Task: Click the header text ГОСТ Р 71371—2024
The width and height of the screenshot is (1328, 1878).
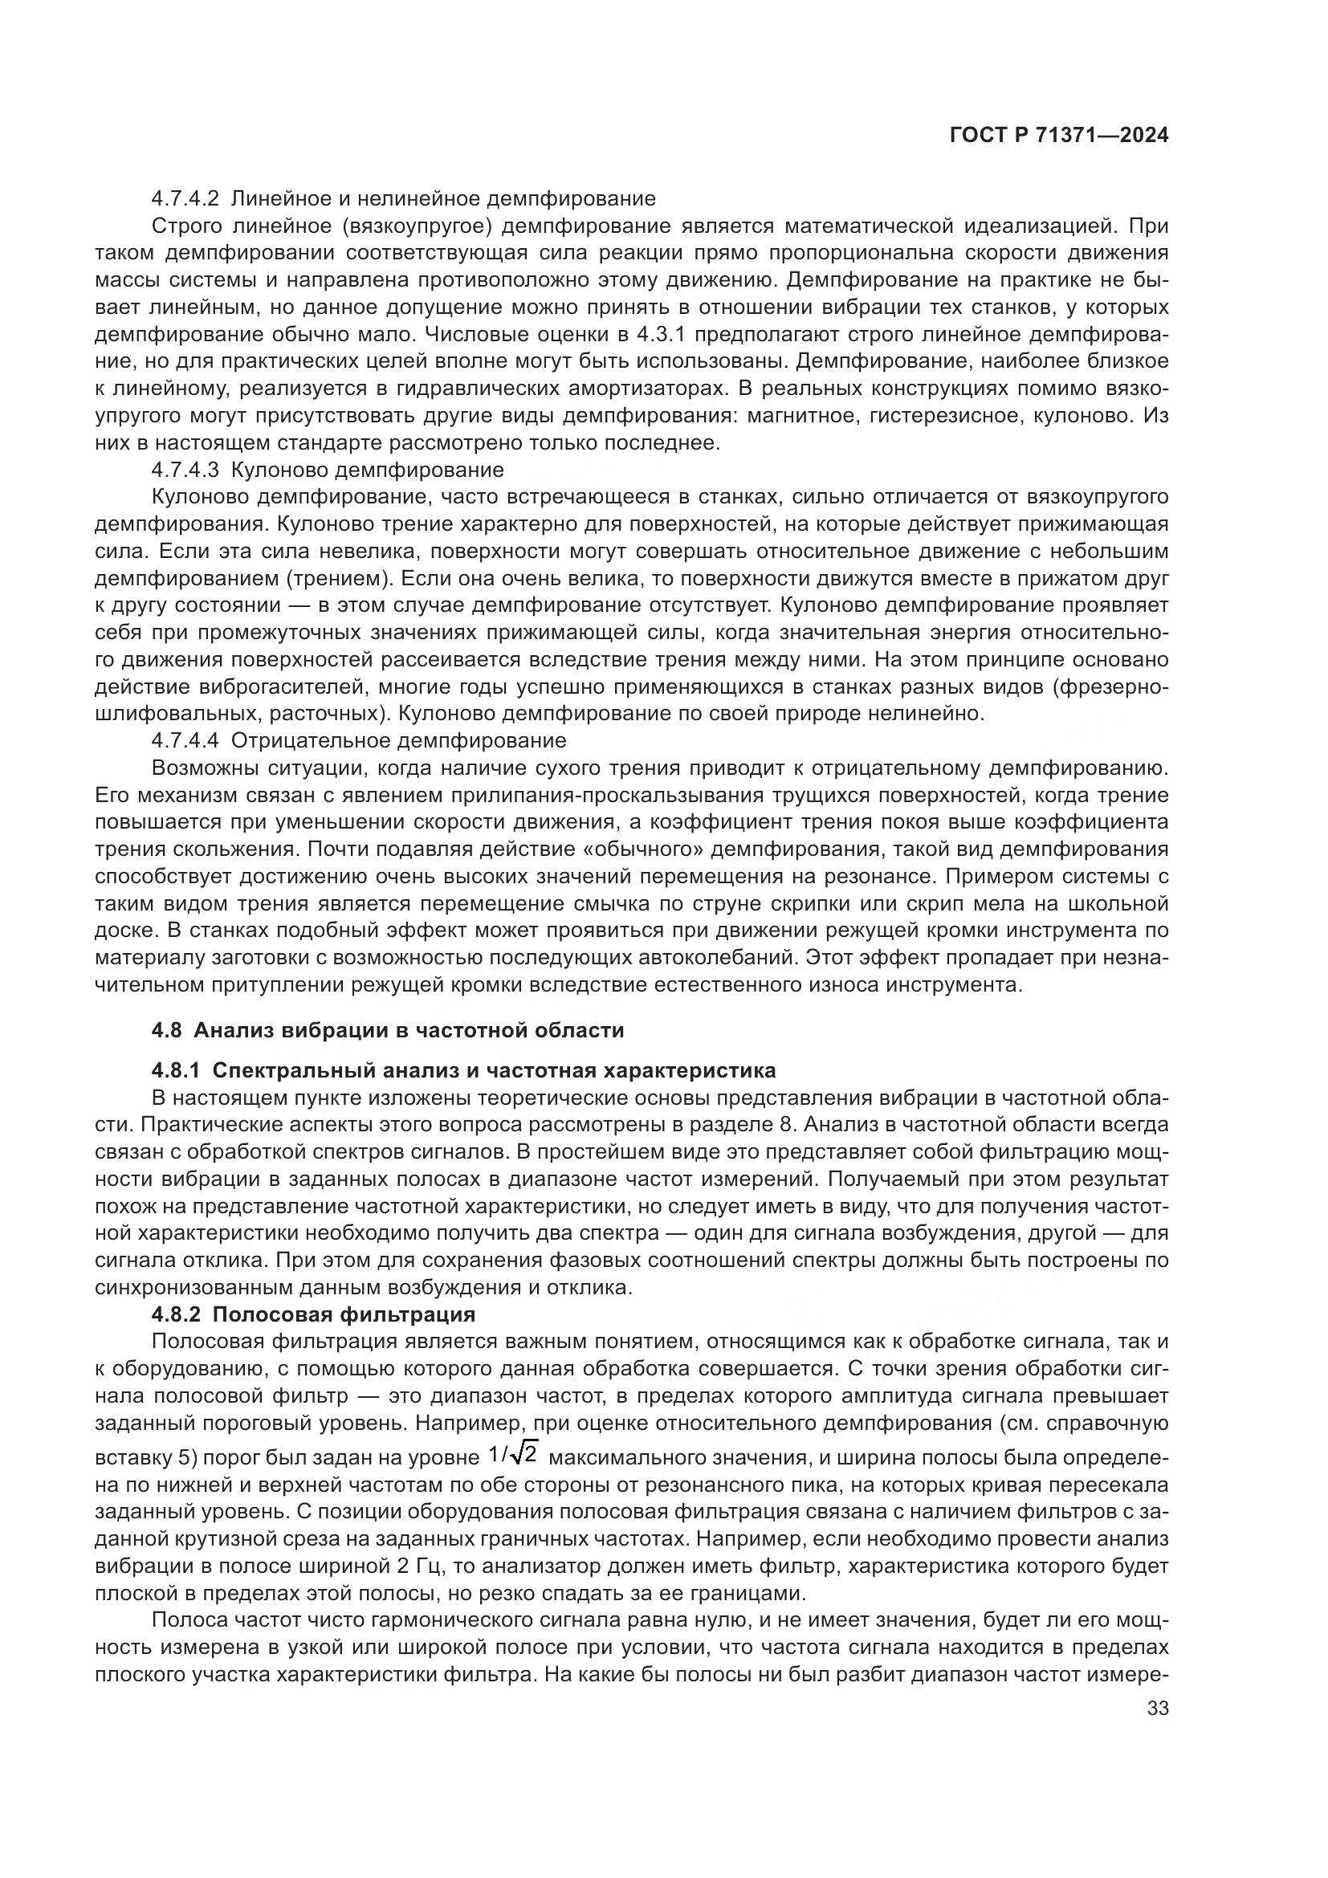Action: pyautogui.click(x=1059, y=136)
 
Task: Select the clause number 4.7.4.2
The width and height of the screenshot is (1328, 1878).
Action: pyautogui.click(x=185, y=199)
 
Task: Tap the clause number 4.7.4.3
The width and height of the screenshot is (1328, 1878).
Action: pyautogui.click(x=185, y=471)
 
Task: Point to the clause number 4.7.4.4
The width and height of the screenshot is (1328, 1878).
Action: pyautogui.click(x=185, y=741)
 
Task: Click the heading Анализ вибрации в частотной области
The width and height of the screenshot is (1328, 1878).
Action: pyautogui.click(x=409, y=1031)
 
